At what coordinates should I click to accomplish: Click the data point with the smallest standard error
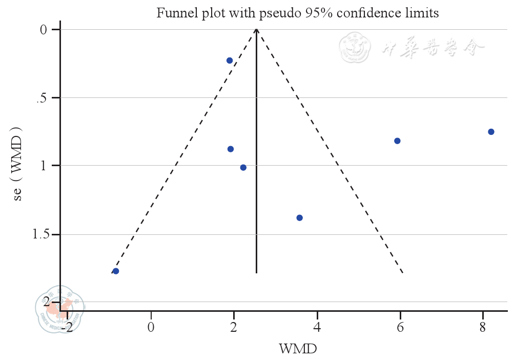coord(230,61)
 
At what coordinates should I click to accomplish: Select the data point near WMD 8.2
coord(491,132)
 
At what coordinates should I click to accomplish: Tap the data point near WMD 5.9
coord(397,141)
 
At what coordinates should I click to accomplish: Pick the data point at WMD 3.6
coord(299,218)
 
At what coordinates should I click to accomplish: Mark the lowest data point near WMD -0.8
coord(116,271)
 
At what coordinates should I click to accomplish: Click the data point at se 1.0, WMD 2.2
coord(243,168)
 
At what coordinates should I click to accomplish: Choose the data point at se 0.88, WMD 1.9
coord(231,149)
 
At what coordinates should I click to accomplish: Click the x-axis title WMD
coord(297,350)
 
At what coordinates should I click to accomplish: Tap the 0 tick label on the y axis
coord(44,30)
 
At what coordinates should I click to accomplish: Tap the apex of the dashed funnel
coord(256,29)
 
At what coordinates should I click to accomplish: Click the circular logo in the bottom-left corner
coord(59,309)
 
